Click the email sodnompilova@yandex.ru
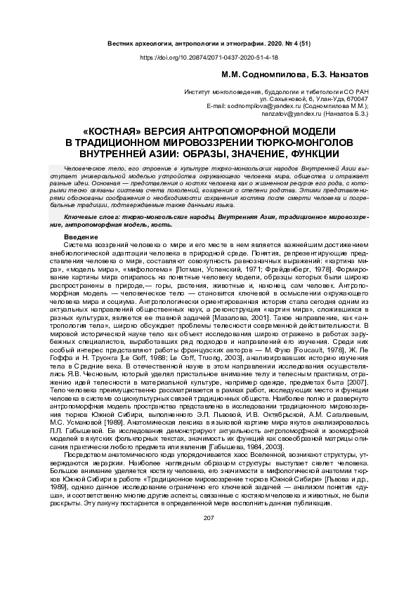coord(266,105)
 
